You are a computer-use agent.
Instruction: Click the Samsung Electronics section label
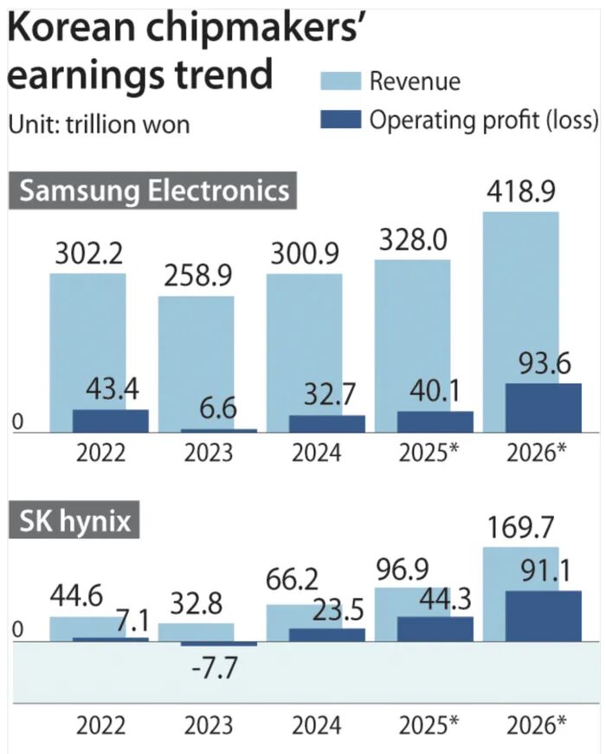click(154, 190)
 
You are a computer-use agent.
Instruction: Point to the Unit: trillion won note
click(99, 124)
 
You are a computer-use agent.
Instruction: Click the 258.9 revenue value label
click(196, 277)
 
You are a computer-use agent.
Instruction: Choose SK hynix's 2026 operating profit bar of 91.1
click(543, 616)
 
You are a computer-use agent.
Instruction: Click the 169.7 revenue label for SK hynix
click(520, 525)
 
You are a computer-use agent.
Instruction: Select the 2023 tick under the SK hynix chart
click(208, 724)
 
